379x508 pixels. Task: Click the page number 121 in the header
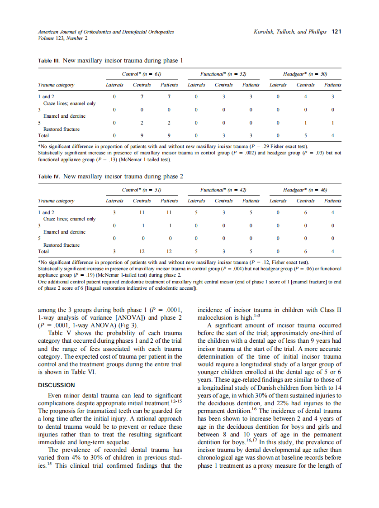point(336,32)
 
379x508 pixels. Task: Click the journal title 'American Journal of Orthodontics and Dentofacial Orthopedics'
point(106,32)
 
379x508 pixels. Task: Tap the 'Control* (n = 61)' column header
point(142,74)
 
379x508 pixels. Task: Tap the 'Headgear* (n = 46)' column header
point(305,190)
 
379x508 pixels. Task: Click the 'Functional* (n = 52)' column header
point(223,74)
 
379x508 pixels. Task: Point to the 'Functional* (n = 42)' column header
point(223,190)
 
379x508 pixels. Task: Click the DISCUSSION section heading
point(57,385)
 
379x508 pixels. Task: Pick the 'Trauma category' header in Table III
point(56,85)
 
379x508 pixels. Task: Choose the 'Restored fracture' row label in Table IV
point(62,245)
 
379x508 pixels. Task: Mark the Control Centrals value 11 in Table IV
point(142,212)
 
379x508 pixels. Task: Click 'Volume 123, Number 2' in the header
point(63,38)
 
